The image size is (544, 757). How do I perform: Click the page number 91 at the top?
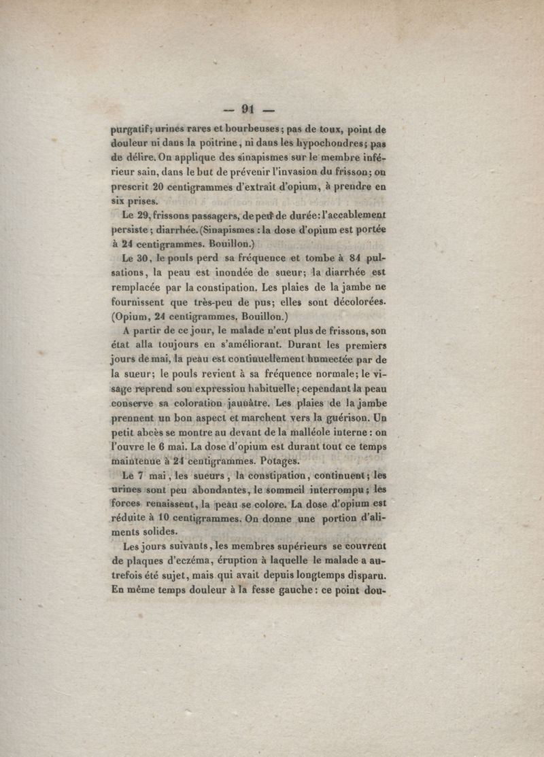click(247, 109)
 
